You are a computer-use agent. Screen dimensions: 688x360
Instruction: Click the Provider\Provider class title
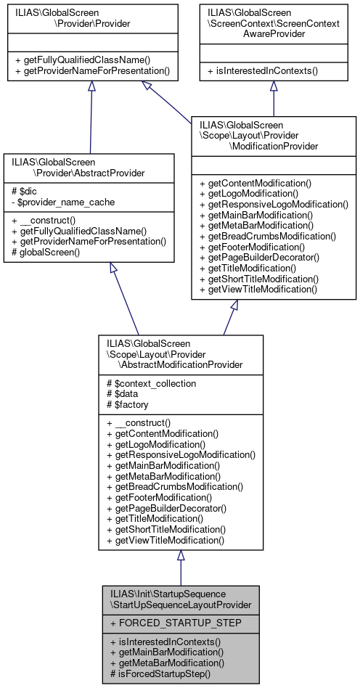(x=91, y=18)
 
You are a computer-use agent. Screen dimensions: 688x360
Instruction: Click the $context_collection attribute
(x=151, y=382)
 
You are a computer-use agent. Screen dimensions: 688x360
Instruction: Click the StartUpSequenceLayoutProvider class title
(x=181, y=598)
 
